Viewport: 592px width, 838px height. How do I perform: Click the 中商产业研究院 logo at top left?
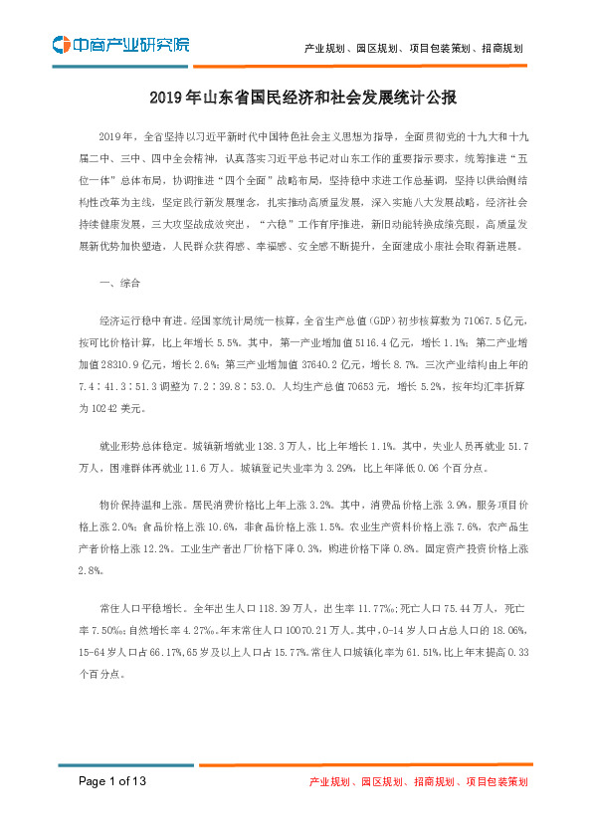tap(120, 44)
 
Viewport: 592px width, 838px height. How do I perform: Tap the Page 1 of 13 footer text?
tap(113, 782)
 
